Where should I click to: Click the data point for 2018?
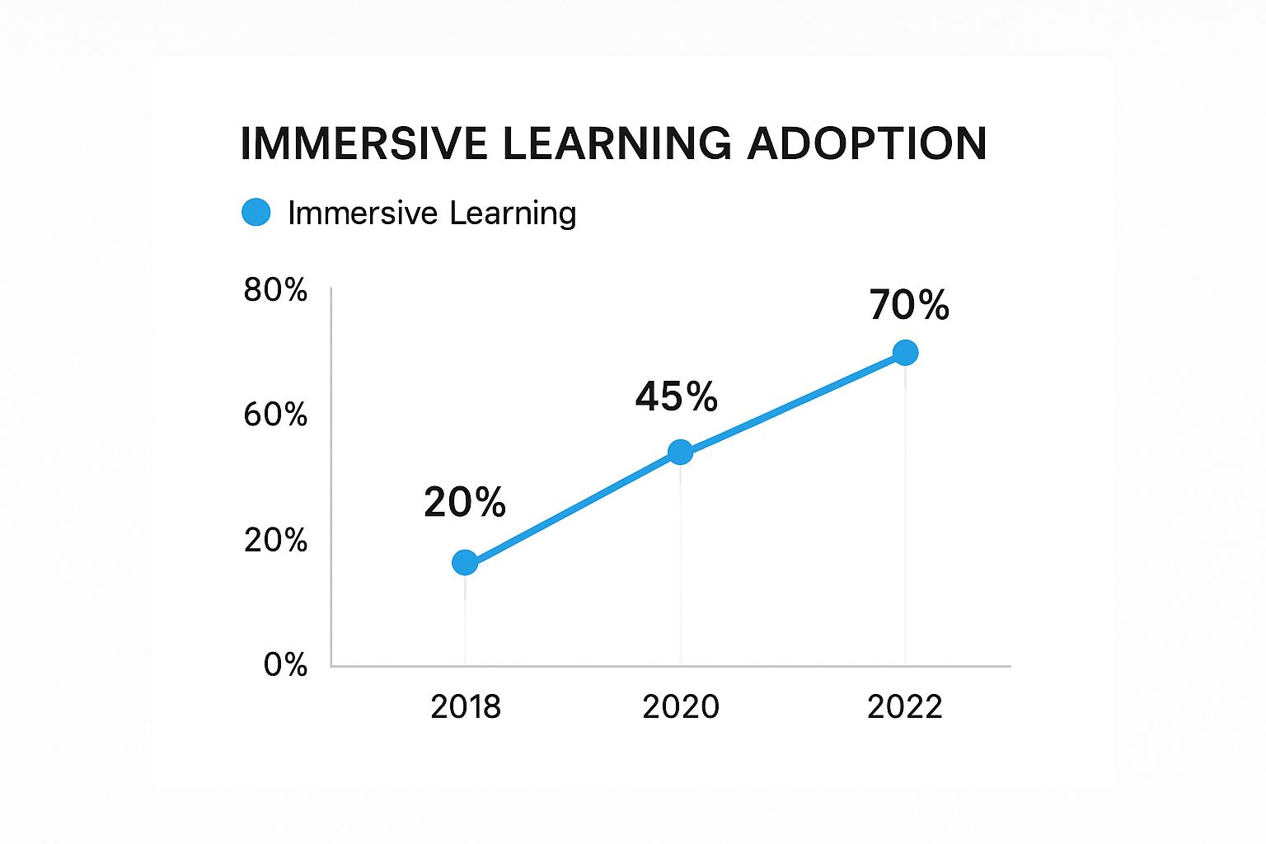(x=465, y=563)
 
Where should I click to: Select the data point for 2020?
(x=680, y=452)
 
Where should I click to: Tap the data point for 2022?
(x=905, y=353)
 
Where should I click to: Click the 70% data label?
(x=909, y=305)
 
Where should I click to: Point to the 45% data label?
(x=677, y=396)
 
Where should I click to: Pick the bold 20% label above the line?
(x=465, y=502)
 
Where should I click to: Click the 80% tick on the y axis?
(x=275, y=290)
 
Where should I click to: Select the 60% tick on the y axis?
(x=275, y=415)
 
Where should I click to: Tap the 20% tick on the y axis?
(x=275, y=540)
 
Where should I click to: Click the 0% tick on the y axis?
(x=285, y=664)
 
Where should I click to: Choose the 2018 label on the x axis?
(x=466, y=707)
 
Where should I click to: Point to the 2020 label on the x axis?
(x=681, y=707)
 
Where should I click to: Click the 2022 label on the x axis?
(x=905, y=707)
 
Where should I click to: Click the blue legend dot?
(x=256, y=213)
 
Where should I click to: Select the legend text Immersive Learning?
(x=432, y=213)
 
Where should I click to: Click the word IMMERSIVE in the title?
(x=364, y=143)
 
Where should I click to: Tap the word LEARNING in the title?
(x=617, y=143)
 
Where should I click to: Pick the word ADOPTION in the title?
(x=867, y=143)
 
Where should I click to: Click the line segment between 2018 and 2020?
(x=573, y=507)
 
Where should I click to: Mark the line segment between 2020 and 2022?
(x=793, y=402)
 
